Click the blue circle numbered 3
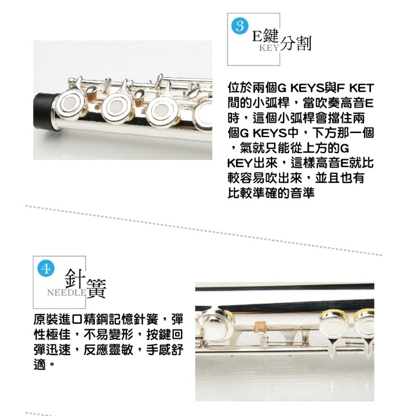(x=240, y=26)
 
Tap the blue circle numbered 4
(x=46, y=269)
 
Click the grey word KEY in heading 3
(x=269, y=48)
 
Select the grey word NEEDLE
(x=67, y=292)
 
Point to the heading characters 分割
(x=295, y=43)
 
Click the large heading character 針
(x=75, y=279)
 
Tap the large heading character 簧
(x=96, y=289)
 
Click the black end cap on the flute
(x=45, y=111)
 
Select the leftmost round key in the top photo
(x=70, y=105)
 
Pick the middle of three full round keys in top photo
(x=117, y=107)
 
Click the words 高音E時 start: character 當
(x=309, y=103)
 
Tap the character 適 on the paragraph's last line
(x=40, y=365)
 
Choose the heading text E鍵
(x=265, y=36)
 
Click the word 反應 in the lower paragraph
(x=96, y=349)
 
